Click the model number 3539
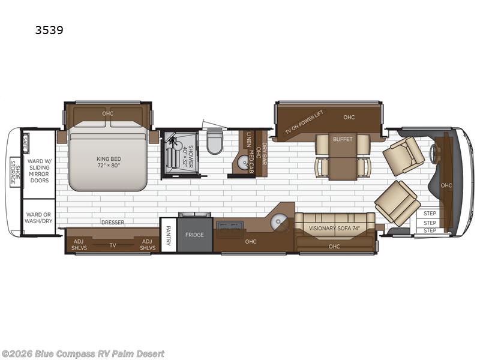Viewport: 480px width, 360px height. click(51, 28)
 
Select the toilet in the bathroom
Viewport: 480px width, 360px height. click(214, 143)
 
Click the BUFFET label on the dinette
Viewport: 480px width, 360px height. click(343, 139)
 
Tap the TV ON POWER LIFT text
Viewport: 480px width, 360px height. click(305, 124)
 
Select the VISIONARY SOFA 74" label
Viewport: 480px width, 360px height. click(334, 228)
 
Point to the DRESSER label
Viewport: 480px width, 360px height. click(112, 223)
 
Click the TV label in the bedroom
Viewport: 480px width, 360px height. click(112, 245)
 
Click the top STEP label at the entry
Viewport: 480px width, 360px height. click(430, 213)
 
